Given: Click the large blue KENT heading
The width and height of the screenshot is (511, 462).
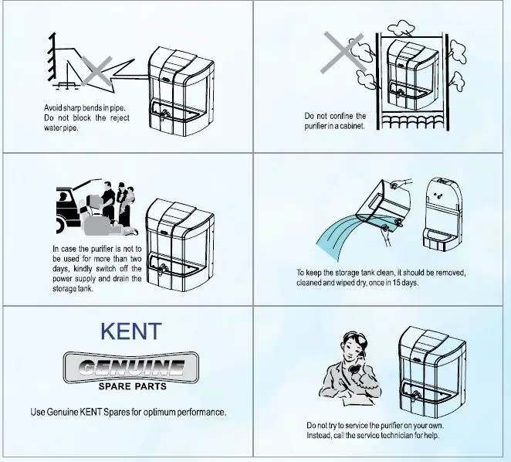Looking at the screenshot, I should coord(131,331).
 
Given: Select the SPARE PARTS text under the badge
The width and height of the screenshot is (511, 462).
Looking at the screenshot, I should coord(131,386).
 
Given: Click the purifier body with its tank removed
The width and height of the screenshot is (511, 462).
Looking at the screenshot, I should coord(443,216).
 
